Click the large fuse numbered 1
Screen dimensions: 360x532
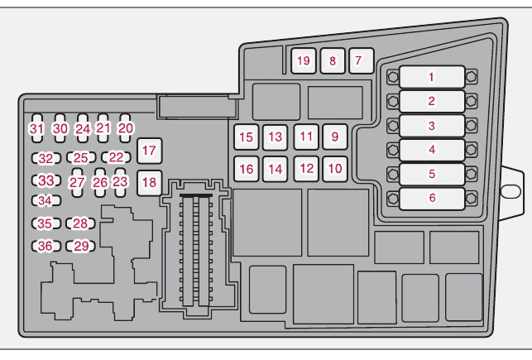point(430,78)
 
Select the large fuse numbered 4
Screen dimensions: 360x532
point(430,150)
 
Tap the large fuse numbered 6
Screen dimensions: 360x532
point(430,198)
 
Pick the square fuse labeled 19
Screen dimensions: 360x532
point(304,60)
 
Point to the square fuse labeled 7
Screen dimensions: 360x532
point(357,60)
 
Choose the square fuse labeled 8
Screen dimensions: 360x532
point(331,60)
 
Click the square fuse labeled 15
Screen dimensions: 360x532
point(246,137)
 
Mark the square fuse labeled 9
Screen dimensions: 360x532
point(333,137)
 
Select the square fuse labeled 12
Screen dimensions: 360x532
point(306,168)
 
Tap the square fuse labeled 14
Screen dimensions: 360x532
point(276,168)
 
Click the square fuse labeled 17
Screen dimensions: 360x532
point(149,150)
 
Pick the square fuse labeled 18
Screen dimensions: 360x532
point(149,181)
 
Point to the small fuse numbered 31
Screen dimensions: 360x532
point(36,128)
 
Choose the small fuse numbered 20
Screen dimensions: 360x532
point(125,128)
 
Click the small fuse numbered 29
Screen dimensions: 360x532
point(80,245)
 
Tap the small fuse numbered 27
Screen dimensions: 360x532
point(77,182)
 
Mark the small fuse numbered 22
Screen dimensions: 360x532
point(116,157)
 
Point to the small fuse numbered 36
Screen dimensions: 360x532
point(45,245)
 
